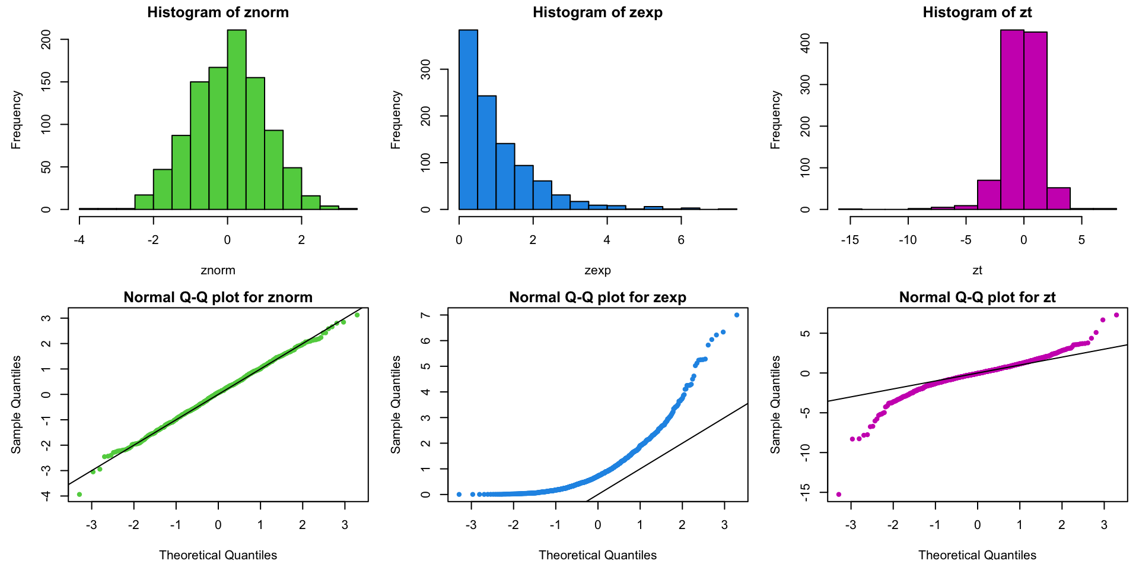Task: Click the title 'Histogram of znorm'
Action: [218, 12]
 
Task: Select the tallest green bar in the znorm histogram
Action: [237, 119]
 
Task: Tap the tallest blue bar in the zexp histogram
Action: [468, 119]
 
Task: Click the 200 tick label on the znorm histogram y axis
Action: [47, 40]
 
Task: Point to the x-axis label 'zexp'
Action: [597, 270]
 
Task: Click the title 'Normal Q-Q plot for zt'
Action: [977, 297]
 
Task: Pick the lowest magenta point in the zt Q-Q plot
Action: [838, 494]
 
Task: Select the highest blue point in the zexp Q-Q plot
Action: [737, 315]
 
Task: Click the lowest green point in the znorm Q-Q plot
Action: [79, 494]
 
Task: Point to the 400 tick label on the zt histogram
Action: [806, 43]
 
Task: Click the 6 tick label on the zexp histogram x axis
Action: [681, 240]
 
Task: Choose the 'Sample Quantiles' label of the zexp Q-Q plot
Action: [396, 404]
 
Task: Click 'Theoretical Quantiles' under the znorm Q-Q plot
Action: [218, 555]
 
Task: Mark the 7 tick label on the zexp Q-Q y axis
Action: [426, 315]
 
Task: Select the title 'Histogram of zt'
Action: [977, 12]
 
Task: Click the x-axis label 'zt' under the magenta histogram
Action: [977, 270]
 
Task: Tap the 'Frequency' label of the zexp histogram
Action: [396, 119]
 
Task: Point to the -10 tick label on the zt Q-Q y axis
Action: [806, 452]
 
